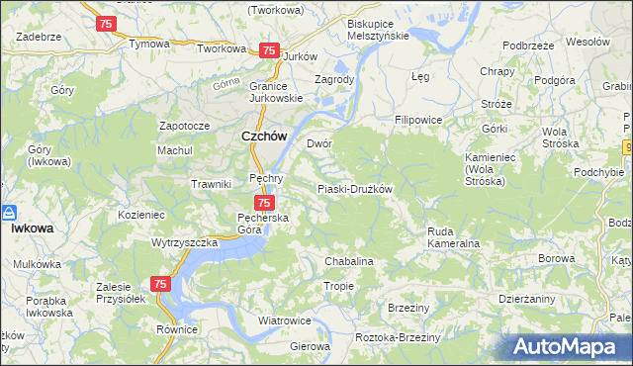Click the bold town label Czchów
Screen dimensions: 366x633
pos(264,138)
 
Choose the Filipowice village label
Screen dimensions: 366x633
pos(417,120)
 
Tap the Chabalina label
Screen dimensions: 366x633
pos(348,261)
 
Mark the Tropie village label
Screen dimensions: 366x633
pos(339,286)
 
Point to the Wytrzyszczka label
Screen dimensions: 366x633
pos(184,241)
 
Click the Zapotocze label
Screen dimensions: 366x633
pos(184,127)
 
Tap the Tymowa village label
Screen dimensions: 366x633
pos(149,45)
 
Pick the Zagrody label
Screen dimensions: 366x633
pos(333,79)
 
